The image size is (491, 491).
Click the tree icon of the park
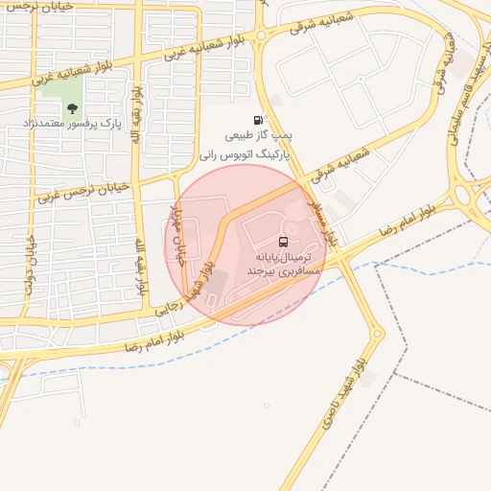coord(72,108)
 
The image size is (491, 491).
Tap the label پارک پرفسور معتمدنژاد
coord(73,125)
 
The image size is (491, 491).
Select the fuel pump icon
coord(257,120)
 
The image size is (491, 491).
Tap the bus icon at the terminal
coord(284,242)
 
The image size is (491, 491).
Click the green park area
coord(63,95)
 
